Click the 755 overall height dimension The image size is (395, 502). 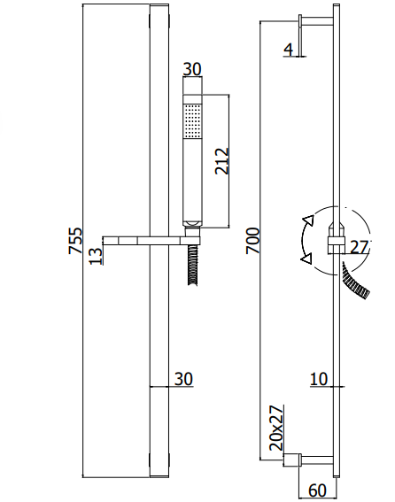point(75,241)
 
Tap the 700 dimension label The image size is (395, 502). point(252,241)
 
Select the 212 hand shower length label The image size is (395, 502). point(222,161)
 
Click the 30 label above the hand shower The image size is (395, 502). point(192,69)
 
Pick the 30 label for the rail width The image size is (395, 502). point(183,379)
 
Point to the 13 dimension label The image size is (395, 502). point(96,256)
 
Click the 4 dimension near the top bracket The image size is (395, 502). point(289,50)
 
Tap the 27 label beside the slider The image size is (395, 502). point(359,247)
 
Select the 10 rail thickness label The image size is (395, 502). point(319,379)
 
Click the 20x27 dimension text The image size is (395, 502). point(276,428)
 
